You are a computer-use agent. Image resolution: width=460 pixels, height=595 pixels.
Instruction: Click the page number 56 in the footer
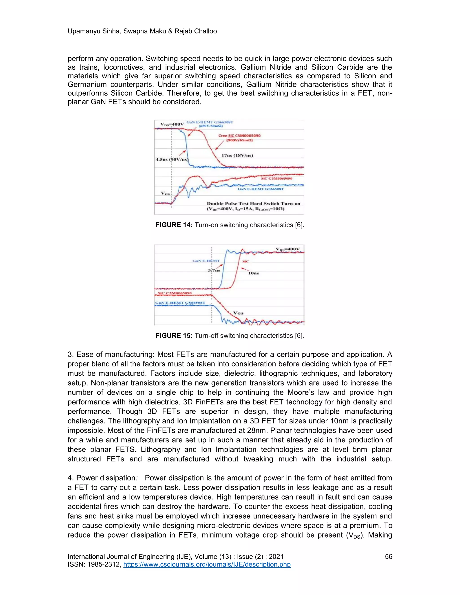(x=388, y=557)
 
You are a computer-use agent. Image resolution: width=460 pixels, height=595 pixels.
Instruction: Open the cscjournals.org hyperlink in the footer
(x=207, y=564)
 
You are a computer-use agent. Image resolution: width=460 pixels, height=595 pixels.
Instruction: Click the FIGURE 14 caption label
(x=174, y=225)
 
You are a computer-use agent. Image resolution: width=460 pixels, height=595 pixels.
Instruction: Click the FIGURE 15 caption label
(x=174, y=336)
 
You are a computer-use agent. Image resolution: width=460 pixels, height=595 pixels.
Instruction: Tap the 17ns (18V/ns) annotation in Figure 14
(x=237, y=156)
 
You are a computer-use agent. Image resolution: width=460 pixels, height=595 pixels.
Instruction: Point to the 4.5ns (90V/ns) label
(x=172, y=159)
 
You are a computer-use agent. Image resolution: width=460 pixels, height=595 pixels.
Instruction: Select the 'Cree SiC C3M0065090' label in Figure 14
(x=239, y=136)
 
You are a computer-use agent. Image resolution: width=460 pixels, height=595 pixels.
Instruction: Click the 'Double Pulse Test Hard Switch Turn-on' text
(x=253, y=203)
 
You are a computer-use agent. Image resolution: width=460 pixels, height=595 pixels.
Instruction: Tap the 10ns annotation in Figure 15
(x=253, y=273)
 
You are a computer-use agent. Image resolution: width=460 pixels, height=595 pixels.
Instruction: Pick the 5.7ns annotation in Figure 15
(x=214, y=270)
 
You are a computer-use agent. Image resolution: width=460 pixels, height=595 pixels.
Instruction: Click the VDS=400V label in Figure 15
(x=288, y=249)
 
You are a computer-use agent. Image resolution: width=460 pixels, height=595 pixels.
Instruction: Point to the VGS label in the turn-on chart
(x=165, y=193)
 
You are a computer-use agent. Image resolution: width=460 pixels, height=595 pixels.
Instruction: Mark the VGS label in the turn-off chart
(x=239, y=313)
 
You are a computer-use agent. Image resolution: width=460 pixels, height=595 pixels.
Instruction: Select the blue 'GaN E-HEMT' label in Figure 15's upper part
(x=206, y=261)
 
